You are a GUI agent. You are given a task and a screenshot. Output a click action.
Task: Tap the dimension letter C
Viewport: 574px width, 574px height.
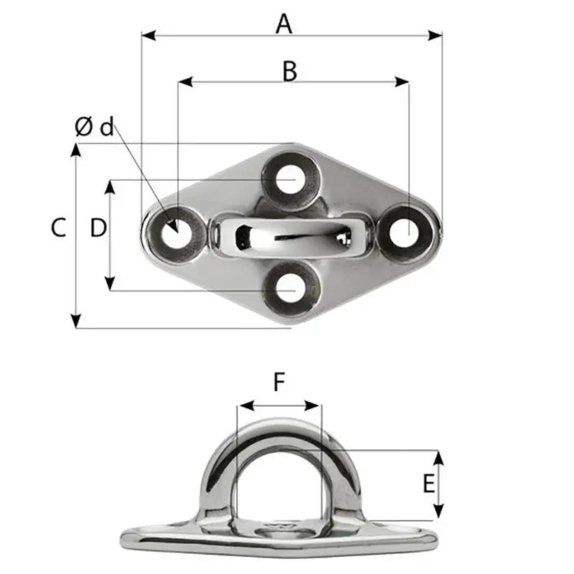(59, 227)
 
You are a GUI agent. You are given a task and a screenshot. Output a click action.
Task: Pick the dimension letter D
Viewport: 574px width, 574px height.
(98, 227)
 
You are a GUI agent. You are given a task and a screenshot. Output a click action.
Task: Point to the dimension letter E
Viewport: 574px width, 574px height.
(428, 484)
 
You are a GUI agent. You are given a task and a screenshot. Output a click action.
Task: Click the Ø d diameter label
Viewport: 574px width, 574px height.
(95, 128)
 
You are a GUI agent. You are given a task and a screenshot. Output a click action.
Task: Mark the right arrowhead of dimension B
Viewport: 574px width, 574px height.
(404, 83)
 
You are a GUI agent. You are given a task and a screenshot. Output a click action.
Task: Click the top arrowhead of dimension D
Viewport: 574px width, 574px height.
(110, 185)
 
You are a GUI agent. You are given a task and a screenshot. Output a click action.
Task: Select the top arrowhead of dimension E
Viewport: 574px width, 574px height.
(437, 456)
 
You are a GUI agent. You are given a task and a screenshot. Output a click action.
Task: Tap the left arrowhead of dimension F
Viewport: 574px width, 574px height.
(241, 406)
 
